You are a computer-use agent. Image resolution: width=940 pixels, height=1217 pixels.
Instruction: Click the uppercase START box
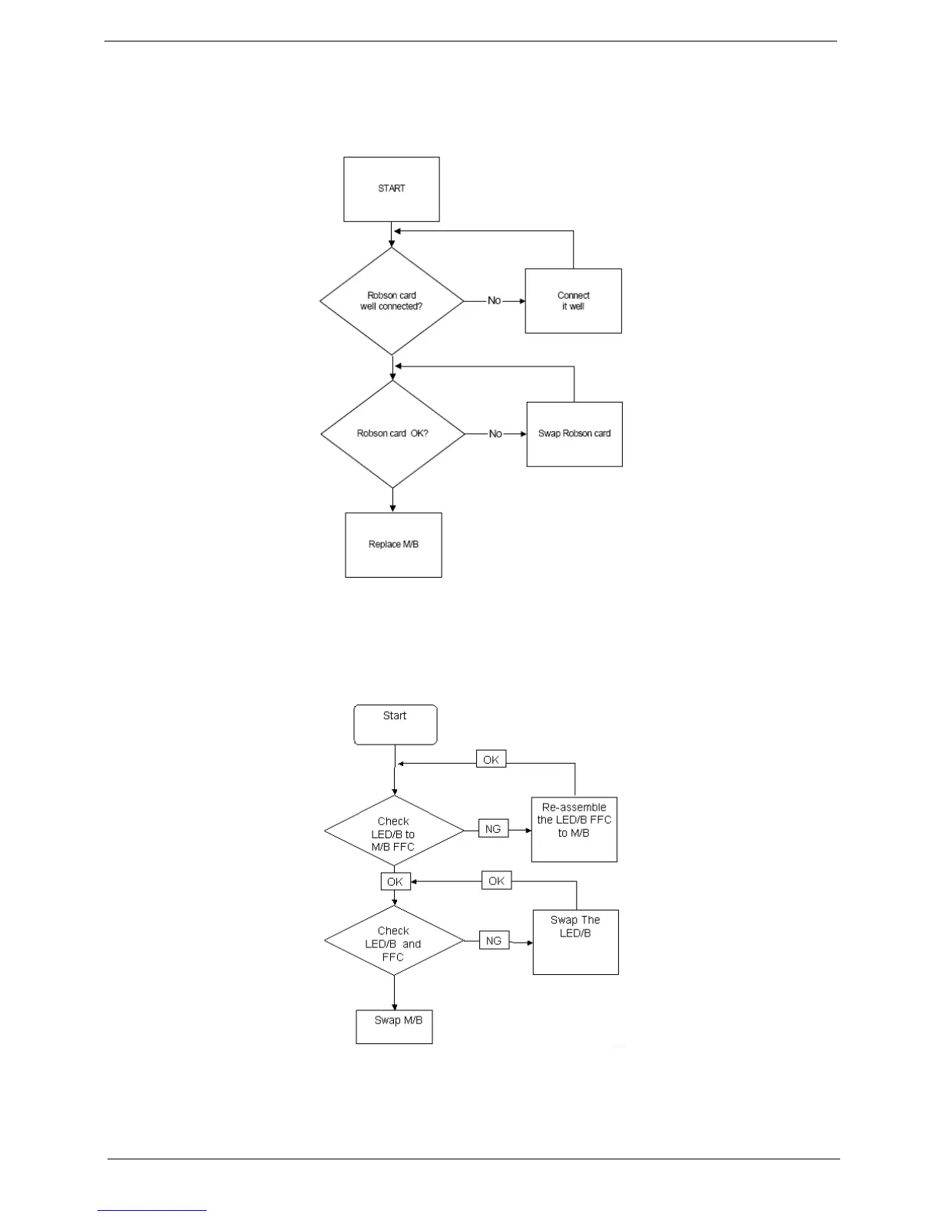click(392, 189)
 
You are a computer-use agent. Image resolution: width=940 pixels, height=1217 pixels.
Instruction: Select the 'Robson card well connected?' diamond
click(392, 300)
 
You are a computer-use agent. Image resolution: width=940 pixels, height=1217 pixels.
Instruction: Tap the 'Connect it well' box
click(573, 300)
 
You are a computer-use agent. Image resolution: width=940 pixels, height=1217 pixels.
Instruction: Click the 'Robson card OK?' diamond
click(392, 433)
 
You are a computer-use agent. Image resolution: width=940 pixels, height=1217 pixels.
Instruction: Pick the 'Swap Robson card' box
click(574, 434)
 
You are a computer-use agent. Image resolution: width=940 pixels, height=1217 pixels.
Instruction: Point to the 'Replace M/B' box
click(393, 545)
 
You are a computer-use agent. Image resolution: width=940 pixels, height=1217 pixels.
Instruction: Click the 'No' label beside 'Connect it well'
click(495, 300)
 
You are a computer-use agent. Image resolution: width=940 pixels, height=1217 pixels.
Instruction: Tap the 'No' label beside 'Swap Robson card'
click(495, 434)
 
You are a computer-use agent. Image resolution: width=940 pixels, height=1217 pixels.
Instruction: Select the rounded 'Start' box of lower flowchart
click(395, 725)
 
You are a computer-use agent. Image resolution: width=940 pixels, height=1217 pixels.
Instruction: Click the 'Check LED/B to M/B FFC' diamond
click(395, 832)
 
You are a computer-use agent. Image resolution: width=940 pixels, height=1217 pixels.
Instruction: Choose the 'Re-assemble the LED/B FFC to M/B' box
click(574, 829)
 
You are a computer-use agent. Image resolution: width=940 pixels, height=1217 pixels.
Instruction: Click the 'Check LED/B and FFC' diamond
click(394, 941)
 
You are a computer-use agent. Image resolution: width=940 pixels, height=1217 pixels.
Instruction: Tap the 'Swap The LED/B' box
click(576, 942)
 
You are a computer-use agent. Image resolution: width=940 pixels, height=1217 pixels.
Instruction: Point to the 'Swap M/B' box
click(395, 1026)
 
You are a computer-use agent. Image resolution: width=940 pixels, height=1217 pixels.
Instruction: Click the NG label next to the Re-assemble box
click(493, 829)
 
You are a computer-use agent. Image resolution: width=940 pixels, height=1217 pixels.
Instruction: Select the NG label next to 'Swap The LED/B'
click(494, 940)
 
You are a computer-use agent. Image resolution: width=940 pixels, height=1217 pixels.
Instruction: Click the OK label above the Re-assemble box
click(492, 760)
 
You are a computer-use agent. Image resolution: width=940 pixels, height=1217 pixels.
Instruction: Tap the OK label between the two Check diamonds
click(396, 881)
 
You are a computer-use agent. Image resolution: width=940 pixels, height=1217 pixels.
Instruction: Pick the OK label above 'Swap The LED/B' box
click(497, 880)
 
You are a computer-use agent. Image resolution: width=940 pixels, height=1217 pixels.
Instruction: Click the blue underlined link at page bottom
click(152, 1210)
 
